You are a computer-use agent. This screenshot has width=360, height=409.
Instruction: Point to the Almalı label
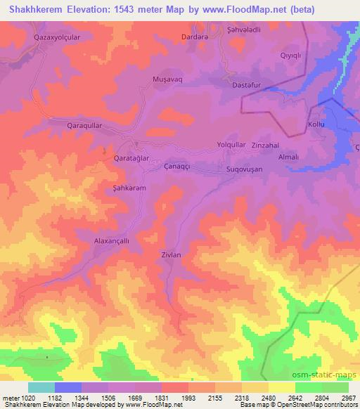289,157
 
